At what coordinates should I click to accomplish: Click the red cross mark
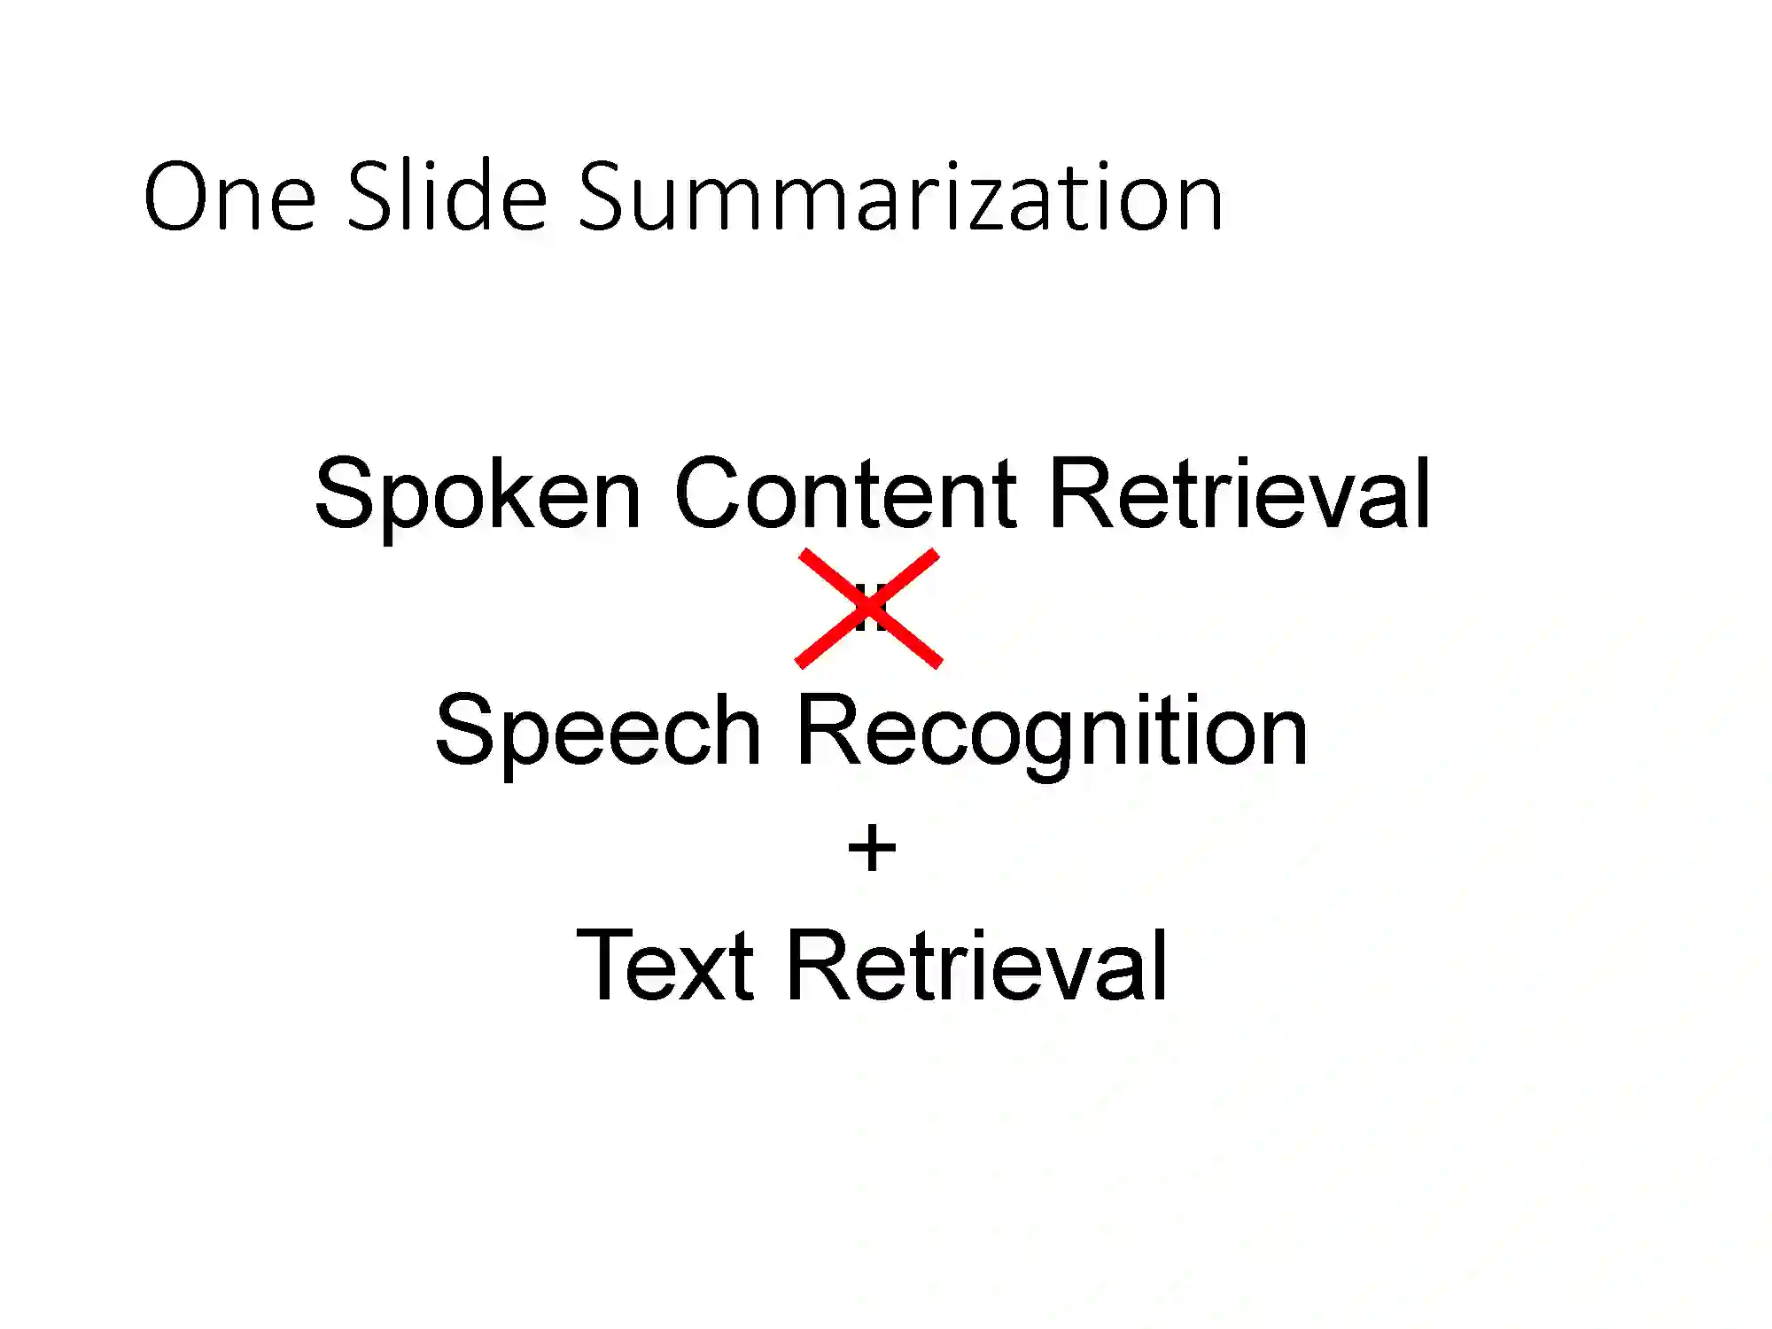868,608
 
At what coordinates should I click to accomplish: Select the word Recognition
1052,731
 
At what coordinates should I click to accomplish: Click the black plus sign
872,848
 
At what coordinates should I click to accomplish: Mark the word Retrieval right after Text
976,966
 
